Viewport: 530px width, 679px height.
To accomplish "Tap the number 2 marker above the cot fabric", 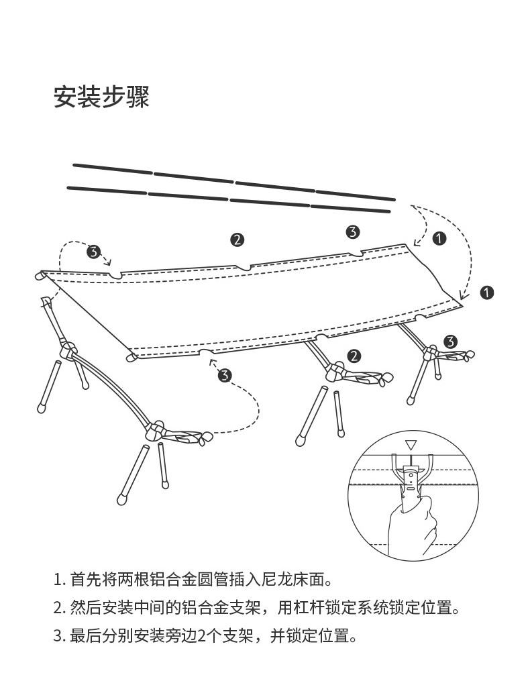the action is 237,240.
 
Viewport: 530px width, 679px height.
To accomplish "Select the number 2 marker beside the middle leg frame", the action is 354,356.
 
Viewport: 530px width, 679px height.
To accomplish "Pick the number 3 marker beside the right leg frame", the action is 451,342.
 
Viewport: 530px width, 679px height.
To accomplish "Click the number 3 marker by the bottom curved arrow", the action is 225,376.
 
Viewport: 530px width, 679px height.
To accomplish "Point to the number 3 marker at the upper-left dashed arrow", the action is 93,252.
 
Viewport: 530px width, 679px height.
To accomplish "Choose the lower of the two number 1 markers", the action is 487,292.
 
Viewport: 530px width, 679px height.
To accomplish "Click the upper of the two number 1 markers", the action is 439,238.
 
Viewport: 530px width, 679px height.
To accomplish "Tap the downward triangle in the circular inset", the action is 411,444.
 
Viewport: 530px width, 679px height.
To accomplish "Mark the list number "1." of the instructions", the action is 59,578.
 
